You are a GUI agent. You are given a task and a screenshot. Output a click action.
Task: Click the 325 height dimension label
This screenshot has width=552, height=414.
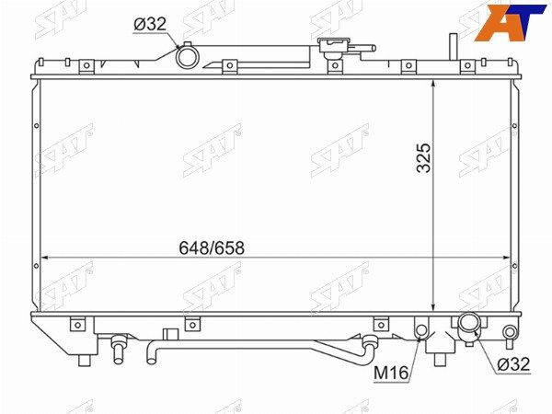point(423,157)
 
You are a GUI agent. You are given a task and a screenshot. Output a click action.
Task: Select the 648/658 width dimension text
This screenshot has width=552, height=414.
point(212,247)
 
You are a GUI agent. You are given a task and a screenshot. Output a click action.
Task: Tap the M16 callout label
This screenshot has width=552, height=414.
point(391,373)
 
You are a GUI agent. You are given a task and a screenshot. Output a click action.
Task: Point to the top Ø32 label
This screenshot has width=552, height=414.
point(150,24)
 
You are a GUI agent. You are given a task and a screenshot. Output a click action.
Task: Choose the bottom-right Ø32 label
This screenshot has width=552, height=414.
point(513,364)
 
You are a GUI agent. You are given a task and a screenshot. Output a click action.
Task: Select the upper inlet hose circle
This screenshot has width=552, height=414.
point(188,58)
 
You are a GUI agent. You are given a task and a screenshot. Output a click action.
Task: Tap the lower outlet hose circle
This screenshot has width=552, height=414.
point(468,323)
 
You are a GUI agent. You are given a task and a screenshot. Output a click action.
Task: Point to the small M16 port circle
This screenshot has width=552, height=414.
point(421,330)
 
